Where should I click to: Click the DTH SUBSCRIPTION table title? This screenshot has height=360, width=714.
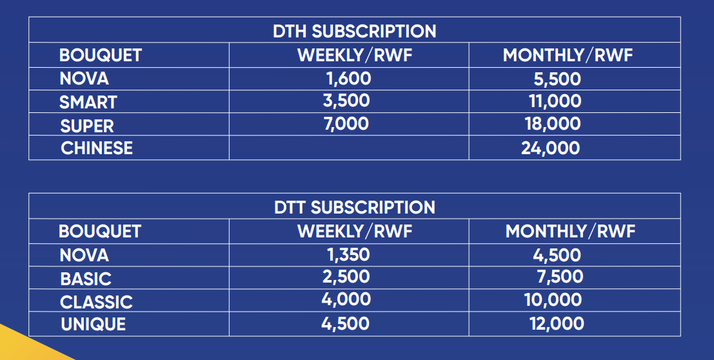[354, 31]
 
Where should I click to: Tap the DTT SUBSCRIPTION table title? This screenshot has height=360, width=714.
[354, 207]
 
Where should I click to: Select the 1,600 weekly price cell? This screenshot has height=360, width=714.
[349, 79]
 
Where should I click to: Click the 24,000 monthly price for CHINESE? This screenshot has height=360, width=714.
[551, 148]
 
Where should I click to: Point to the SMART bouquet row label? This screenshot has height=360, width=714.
[88, 102]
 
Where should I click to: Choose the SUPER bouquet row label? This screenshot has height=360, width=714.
[87, 126]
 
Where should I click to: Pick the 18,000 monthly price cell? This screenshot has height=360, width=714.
[553, 124]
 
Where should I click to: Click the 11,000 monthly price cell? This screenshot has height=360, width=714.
[555, 101]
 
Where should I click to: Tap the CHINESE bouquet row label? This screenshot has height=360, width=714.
[97, 148]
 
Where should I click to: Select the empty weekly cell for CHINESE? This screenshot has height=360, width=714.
[349, 148]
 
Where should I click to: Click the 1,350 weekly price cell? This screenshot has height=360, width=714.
[348, 255]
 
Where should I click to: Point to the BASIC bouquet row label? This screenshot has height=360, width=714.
[86, 279]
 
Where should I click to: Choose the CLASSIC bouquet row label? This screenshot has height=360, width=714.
[96, 302]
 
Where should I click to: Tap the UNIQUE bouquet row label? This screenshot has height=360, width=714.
[93, 324]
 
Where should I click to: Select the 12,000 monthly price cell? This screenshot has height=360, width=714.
[557, 323]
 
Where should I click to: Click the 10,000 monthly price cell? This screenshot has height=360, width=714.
[553, 300]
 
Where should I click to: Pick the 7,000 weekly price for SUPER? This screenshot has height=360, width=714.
[346, 124]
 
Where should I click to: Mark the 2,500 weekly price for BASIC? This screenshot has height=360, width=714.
[346, 277]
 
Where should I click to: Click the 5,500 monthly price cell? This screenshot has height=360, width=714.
[557, 79]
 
